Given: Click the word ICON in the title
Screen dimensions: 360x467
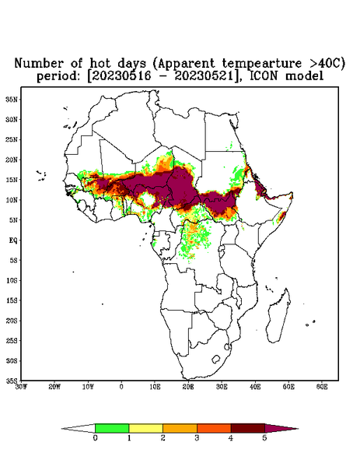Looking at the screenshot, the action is [x=264, y=75].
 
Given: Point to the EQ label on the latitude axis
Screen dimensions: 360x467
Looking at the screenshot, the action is [x=13, y=240].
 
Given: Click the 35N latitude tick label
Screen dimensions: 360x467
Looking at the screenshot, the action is [x=12, y=100].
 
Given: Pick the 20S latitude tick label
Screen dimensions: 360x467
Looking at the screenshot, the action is [x=12, y=321].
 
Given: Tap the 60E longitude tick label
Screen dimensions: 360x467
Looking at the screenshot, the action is [x=322, y=387].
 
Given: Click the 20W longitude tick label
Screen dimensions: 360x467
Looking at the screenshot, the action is [x=54, y=387].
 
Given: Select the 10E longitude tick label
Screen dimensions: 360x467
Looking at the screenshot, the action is [x=155, y=387].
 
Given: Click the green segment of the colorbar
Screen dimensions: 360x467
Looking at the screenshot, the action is [x=112, y=428].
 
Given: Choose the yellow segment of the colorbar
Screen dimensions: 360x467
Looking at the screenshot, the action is [x=145, y=428].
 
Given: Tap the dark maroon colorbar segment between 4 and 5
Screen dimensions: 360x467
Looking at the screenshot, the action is [x=248, y=428].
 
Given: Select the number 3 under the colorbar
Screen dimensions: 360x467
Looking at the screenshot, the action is [x=197, y=438].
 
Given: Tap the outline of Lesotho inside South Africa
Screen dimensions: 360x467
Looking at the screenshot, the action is [x=215, y=359].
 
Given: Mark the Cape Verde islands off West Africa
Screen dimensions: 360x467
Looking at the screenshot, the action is [x=41, y=175].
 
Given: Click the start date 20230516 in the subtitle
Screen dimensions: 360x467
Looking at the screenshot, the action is [x=121, y=75].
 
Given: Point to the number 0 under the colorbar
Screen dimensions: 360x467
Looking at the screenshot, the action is [x=95, y=438].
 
